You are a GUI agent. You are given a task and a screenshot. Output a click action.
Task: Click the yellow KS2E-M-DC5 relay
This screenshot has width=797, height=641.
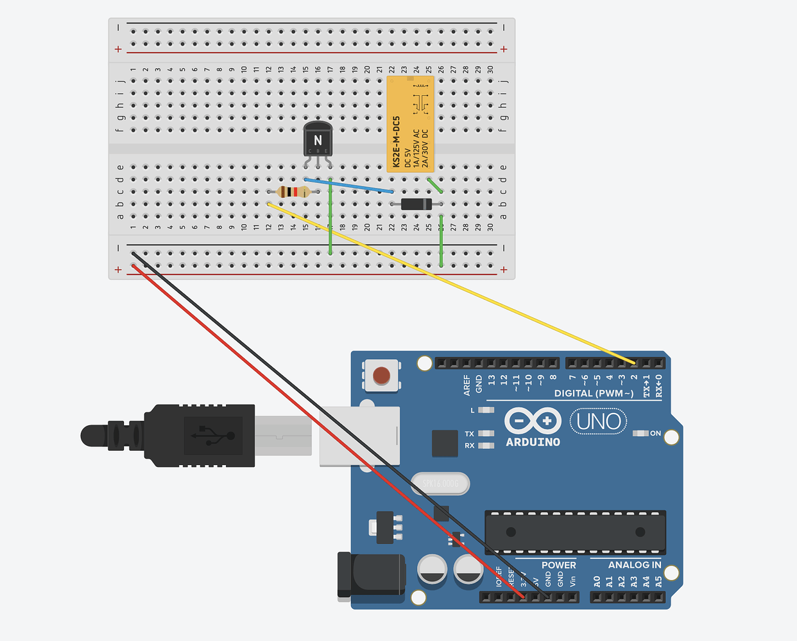[410, 124]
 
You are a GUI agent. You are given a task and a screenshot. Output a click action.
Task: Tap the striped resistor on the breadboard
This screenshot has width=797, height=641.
[293, 192]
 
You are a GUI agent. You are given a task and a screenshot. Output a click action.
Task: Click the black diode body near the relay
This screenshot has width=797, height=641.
[416, 204]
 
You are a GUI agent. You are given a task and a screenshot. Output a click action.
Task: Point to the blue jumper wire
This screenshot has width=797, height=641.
[350, 186]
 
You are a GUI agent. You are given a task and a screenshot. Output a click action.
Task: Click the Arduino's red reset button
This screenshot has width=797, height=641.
[381, 375]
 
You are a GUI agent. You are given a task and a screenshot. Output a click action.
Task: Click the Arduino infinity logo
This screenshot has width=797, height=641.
[533, 421]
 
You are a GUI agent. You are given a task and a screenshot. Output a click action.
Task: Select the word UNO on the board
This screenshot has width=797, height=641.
[598, 421]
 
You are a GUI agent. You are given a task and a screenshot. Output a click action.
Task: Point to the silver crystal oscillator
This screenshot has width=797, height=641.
[440, 484]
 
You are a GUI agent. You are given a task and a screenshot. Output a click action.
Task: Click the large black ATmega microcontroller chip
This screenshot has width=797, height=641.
[575, 532]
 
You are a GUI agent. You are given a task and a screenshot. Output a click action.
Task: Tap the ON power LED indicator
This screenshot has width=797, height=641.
[640, 434]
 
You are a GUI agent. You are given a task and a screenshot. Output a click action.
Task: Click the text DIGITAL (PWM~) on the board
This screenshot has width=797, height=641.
[594, 393]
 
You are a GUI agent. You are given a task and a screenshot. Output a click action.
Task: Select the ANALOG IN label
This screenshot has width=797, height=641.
[634, 565]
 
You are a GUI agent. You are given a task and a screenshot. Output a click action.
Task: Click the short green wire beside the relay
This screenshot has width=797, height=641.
[435, 186]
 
